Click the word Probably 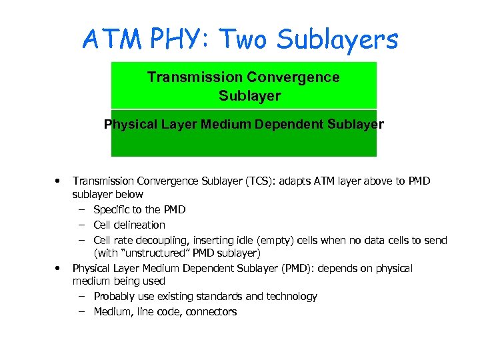coord(115,296)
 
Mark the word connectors coord(211,311)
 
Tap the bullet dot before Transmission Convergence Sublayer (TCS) coord(59,180)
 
